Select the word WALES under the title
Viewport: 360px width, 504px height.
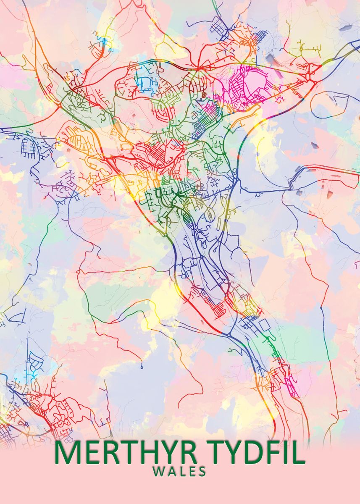click(x=179, y=472)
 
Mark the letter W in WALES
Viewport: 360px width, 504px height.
click(x=158, y=472)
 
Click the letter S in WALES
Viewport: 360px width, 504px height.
click(x=202, y=472)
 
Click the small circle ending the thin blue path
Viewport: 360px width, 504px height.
click(x=142, y=367)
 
